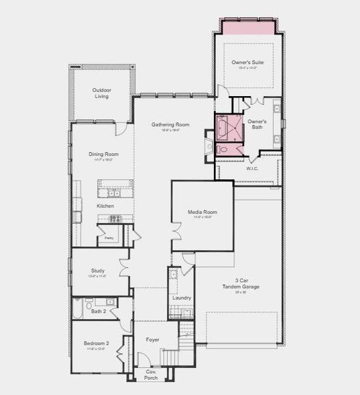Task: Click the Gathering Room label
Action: (x=170, y=124)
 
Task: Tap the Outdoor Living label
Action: (x=101, y=93)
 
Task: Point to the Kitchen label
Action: (x=105, y=206)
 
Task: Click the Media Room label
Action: (x=202, y=212)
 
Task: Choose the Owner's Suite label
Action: (x=247, y=62)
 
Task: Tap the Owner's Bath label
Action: (x=257, y=124)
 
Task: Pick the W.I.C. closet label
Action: (x=252, y=168)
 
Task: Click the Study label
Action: (x=98, y=270)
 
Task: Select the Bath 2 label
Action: (x=99, y=311)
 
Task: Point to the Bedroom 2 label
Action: (x=96, y=344)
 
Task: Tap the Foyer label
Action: (x=153, y=340)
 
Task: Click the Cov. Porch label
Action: (x=151, y=375)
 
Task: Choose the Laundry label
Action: (x=182, y=298)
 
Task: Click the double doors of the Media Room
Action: (x=176, y=232)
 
